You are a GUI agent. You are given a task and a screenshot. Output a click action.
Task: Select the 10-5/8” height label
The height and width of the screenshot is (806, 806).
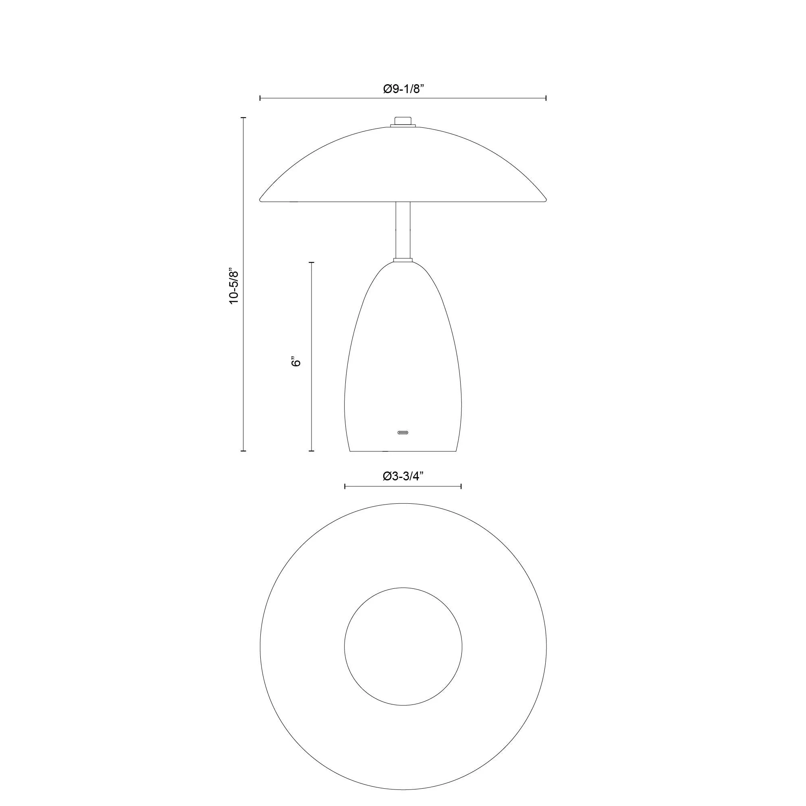(x=235, y=287)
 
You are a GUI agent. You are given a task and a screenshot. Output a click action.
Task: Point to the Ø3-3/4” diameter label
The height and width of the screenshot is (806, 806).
(x=403, y=476)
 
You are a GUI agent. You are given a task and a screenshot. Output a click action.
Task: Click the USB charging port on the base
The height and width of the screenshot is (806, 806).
(x=403, y=432)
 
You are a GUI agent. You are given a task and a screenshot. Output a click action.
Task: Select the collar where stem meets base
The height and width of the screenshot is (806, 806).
(x=403, y=260)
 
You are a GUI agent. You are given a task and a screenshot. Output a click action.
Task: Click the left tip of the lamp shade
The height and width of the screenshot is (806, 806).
(x=261, y=199)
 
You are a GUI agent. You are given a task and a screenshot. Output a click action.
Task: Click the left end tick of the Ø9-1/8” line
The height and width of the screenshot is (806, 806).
(x=260, y=98)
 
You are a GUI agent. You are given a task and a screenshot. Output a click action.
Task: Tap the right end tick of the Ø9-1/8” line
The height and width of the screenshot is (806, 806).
(x=546, y=98)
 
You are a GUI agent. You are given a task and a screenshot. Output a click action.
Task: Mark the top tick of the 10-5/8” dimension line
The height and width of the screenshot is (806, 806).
(x=243, y=118)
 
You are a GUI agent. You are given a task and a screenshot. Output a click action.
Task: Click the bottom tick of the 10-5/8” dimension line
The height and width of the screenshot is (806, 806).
(x=243, y=451)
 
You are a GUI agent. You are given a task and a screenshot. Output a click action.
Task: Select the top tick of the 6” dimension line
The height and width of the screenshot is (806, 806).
(x=311, y=262)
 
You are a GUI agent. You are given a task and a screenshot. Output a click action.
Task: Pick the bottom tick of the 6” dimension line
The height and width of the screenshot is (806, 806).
(x=311, y=451)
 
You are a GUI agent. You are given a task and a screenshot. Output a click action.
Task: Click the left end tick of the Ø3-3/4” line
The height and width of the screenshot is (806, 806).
(x=345, y=486)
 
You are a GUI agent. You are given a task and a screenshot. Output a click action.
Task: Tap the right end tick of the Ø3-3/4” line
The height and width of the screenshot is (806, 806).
(x=461, y=486)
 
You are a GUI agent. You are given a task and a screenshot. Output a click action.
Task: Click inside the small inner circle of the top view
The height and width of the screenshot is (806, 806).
(x=403, y=647)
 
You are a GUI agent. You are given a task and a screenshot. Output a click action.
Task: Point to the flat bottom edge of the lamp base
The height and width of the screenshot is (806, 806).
(x=403, y=451)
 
